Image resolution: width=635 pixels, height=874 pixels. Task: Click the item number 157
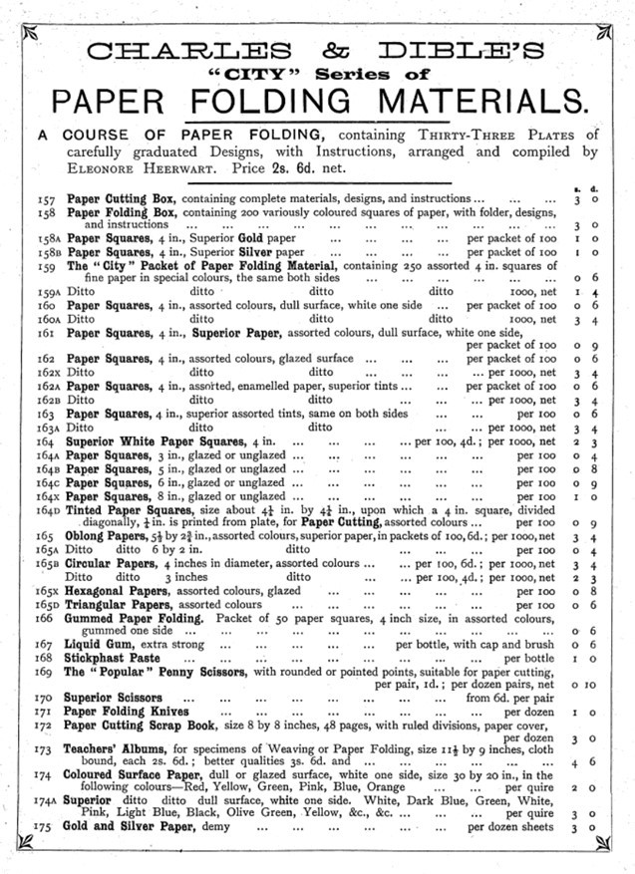43,199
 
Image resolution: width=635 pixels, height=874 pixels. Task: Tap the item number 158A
45,240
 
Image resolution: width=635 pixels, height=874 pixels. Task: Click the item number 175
43,827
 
